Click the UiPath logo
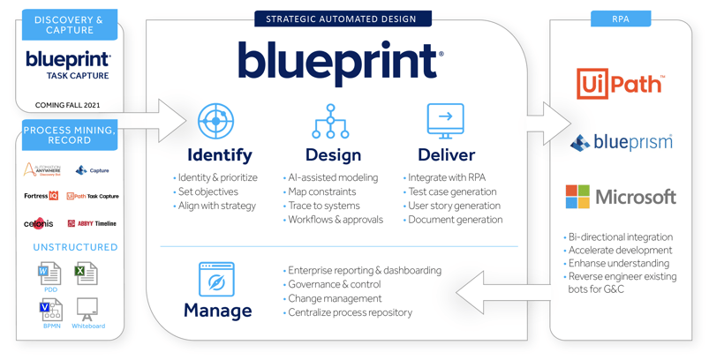(x=620, y=84)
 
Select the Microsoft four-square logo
(x=577, y=196)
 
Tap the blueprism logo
(x=622, y=142)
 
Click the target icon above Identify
(x=215, y=121)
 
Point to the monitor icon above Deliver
(x=445, y=120)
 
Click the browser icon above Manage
(x=216, y=279)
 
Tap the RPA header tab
(x=621, y=19)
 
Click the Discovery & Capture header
(x=70, y=25)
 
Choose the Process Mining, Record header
(x=70, y=135)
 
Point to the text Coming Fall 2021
(x=68, y=105)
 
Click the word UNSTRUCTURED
(x=75, y=247)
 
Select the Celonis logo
(x=39, y=223)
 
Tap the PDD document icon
(x=50, y=274)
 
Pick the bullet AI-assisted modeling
(x=332, y=177)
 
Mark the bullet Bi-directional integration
(x=621, y=236)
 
